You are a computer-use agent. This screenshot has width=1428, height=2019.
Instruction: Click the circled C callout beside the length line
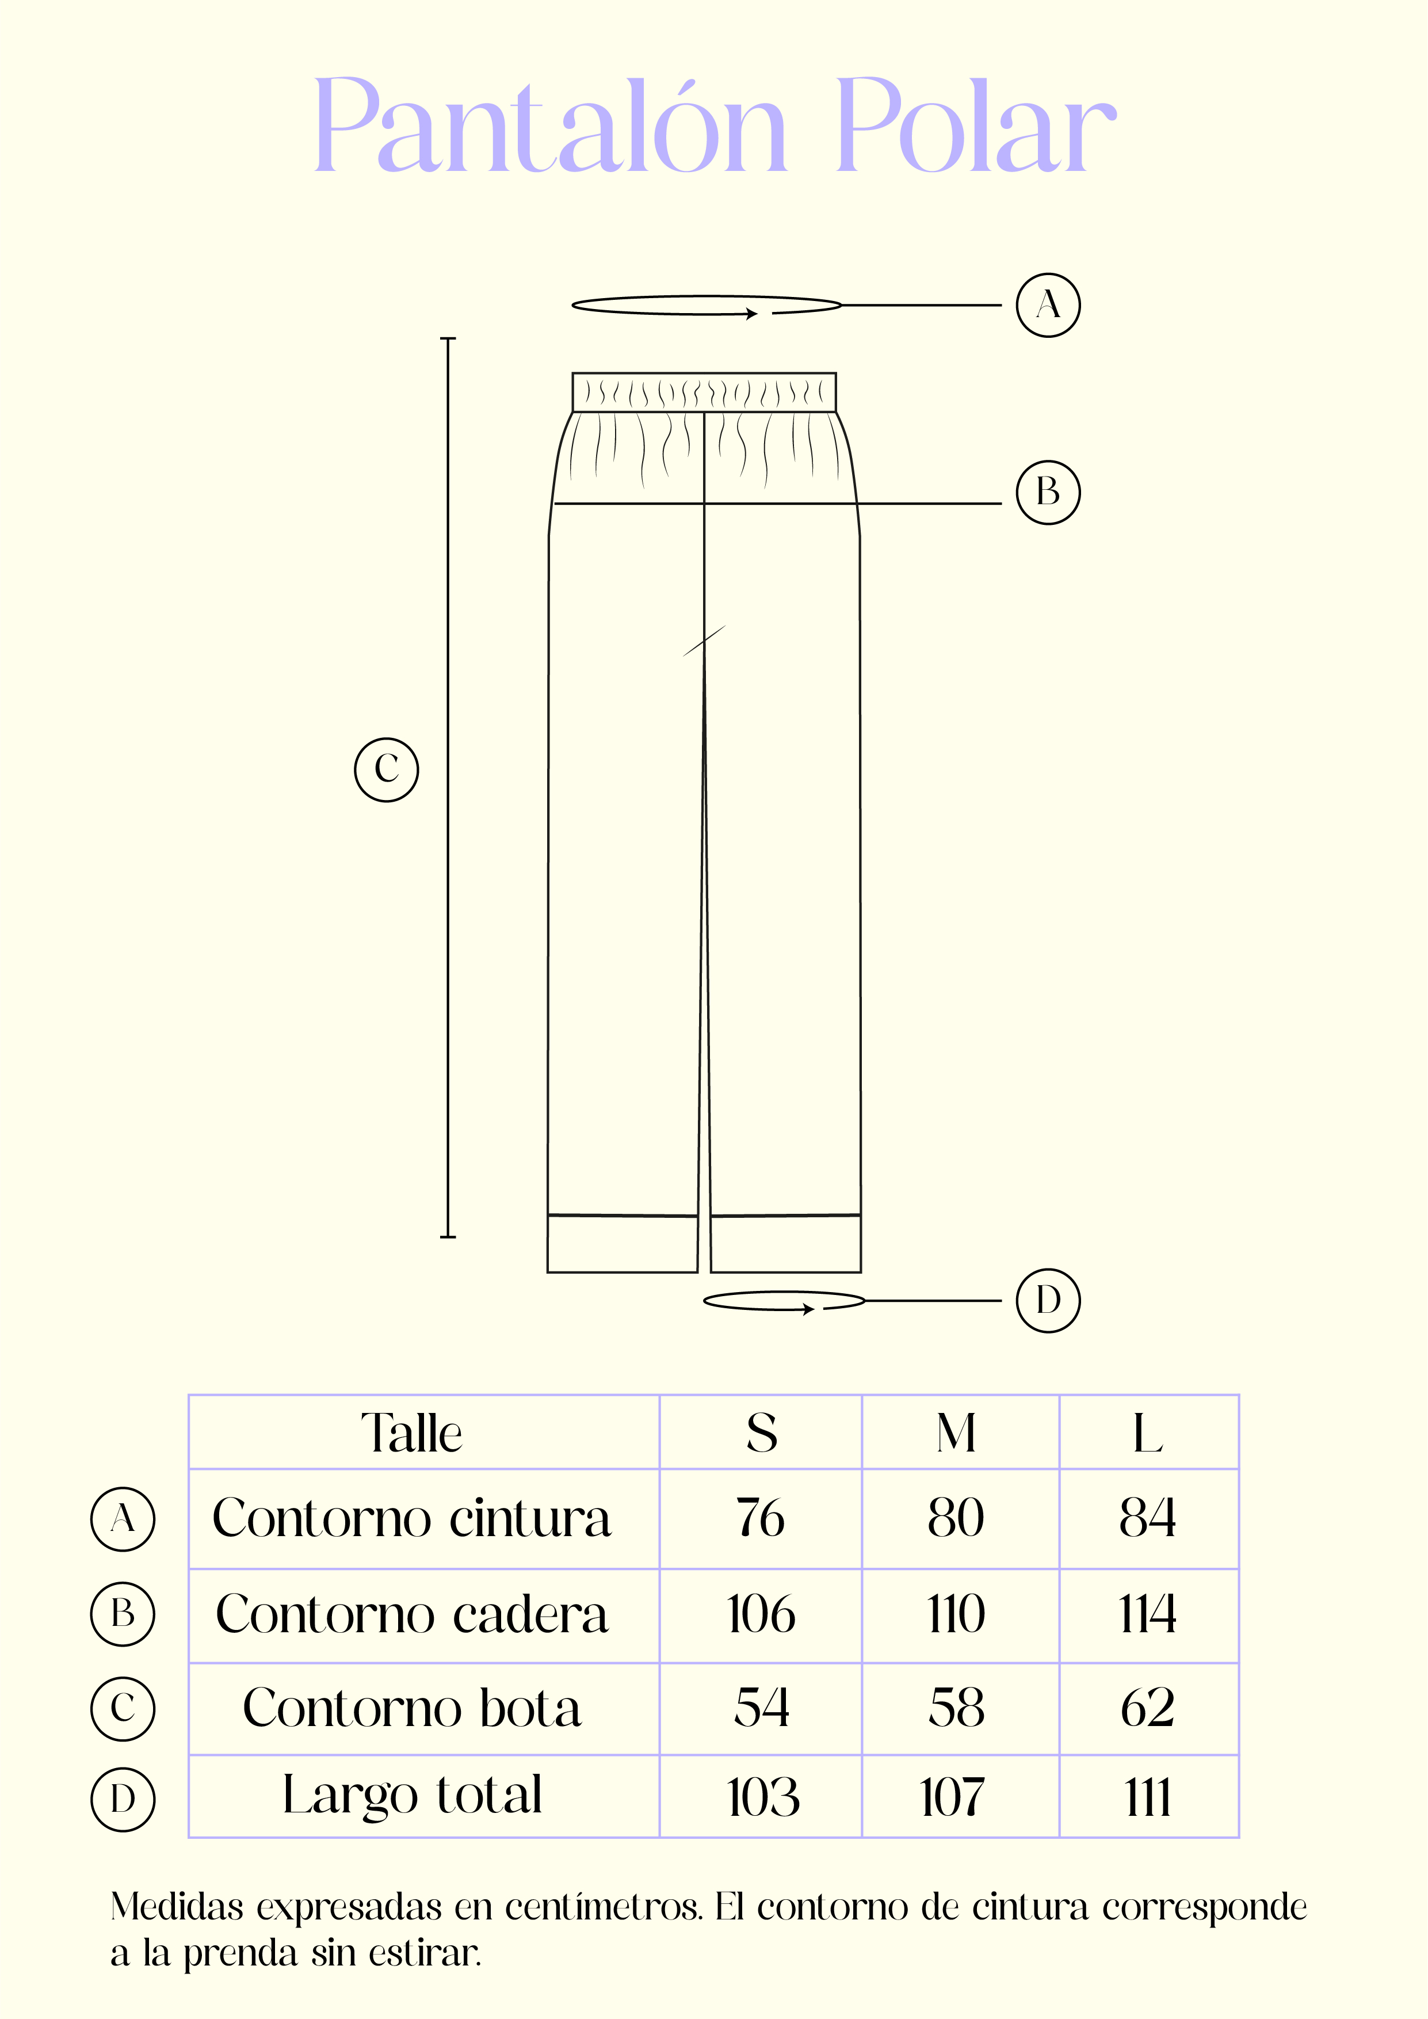(x=386, y=769)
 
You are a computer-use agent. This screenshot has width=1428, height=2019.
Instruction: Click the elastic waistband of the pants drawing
(x=704, y=392)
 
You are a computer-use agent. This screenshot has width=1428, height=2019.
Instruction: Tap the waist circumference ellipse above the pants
(x=706, y=297)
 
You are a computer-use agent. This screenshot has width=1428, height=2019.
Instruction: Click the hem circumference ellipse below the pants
(x=784, y=1293)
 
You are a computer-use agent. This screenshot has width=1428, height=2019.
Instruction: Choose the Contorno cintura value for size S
(x=761, y=1518)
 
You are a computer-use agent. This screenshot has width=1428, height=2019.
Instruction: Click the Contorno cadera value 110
(x=956, y=1614)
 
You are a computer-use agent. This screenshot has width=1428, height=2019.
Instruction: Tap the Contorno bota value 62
(x=1147, y=1708)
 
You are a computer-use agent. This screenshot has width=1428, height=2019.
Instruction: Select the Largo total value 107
(x=952, y=1796)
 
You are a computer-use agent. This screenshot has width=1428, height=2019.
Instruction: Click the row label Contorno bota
(x=411, y=1708)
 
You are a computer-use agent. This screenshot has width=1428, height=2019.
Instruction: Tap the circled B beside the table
(x=123, y=1614)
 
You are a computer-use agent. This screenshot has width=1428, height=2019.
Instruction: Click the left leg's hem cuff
(x=623, y=1243)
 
